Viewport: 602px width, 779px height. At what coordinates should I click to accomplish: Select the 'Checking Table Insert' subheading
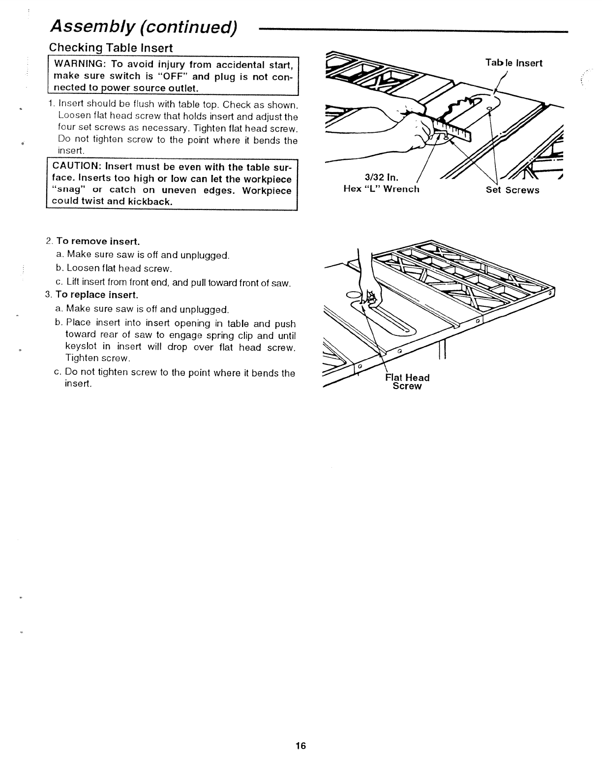pyautogui.click(x=111, y=48)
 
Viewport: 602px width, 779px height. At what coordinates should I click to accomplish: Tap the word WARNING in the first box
pyautogui.click(x=77, y=65)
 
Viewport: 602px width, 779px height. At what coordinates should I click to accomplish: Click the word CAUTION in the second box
pyautogui.click(x=76, y=168)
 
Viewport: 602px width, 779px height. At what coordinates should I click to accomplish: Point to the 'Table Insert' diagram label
pyautogui.click(x=513, y=63)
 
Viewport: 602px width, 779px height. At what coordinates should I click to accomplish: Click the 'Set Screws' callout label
pyautogui.click(x=512, y=190)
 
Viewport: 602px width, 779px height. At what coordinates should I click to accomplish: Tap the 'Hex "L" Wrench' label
pyautogui.click(x=381, y=189)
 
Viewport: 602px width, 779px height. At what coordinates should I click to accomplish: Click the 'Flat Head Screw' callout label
pyautogui.click(x=407, y=382)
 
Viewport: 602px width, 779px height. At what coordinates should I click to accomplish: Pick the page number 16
pyautogui.click(x=301, y=746)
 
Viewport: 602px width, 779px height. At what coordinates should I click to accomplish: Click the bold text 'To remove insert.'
pyautogui.click(x=98, y=241)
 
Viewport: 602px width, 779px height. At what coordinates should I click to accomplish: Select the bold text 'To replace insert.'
pyautogui.click(x=97, y=295)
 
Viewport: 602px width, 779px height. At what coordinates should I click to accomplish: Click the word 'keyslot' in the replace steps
pyautogui.click(x=81, y=347)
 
